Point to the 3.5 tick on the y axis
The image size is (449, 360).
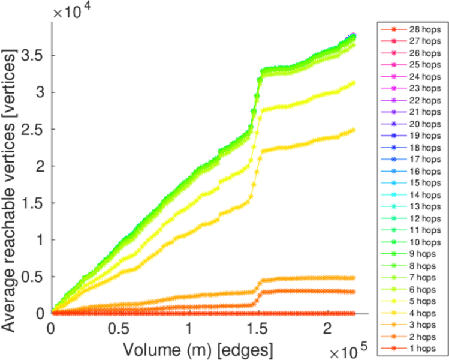tap(30, 55)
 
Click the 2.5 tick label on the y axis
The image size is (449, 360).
tap(30, 129)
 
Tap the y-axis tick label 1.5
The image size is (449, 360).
tap(30, 203)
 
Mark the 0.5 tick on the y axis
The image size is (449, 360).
tap(30, 277)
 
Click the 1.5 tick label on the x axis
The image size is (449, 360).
tap(258, 329)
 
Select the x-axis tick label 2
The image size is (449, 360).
tap(327, 329)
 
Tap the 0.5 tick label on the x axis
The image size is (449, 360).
tap(120, 329)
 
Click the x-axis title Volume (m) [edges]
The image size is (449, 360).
tap(198, 348)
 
